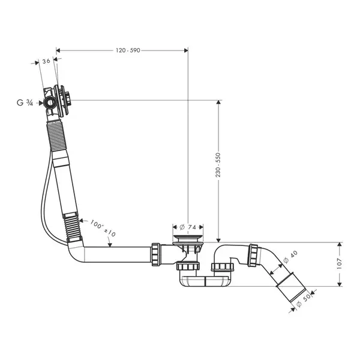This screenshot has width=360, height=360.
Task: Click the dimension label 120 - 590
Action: pos(128,50)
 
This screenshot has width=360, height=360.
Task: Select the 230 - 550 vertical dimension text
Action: pos(218,165)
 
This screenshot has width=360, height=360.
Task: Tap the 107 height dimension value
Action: pos(340,264)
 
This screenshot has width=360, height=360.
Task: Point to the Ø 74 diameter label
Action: pos(188,227)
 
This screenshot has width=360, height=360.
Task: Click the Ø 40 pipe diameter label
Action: pos(290,257)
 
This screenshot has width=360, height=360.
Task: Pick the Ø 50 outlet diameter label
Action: pos(304,301)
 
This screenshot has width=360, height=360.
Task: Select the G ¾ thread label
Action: pos(25,103)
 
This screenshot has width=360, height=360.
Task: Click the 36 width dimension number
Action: pos(46,61)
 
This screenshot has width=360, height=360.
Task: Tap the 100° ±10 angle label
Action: pos(103,228)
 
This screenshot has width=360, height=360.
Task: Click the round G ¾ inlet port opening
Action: pos(50,103)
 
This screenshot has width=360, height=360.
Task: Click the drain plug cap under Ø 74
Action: pos(188,238)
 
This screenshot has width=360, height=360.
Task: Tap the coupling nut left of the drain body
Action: pos(156,254)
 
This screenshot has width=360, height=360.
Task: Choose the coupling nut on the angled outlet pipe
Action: pos(254,256)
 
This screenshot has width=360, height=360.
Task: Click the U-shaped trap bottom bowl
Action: pos(205,281)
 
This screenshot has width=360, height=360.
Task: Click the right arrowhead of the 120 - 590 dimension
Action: pos(186,50)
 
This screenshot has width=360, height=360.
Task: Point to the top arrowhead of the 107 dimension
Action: pos(340,244)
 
